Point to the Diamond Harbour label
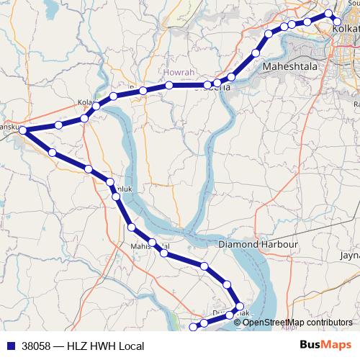coord(258,245)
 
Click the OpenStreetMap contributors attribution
coord(297,323)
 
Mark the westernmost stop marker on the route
coord(23,130)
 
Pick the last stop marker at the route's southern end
coord(192,328)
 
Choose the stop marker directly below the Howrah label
coord(169,86)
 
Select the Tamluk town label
coord(115,189)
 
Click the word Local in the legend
coord(132,346)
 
